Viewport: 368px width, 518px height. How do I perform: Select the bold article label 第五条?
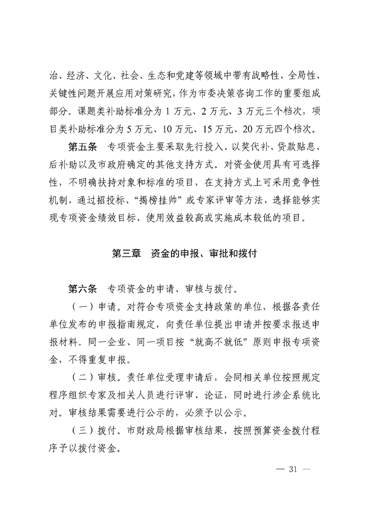82,148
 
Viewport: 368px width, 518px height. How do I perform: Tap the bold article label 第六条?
82,290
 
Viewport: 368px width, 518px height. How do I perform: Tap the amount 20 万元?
259,126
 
